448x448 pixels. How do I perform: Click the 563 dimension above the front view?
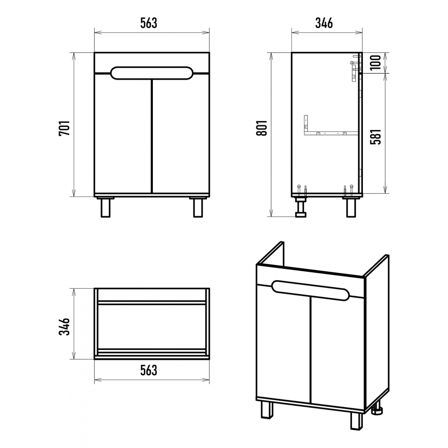pyautogui.click(x=148, y=23)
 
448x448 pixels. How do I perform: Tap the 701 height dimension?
pyautogui.click(x=64, y=128)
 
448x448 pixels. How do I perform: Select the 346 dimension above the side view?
pyautogui.click(x=324, y=23)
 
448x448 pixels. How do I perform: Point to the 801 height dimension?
pyautogui.click(x=262, y=128)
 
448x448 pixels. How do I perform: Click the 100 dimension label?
pyautogui.click(x=376, y=62)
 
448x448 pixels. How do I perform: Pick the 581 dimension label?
pyautogui.click(x=376, y=136)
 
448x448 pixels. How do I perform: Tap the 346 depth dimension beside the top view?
pyautogui.click(x=64, y=326)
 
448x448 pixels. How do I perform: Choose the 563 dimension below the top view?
pyautogui.click(x=148, y=370)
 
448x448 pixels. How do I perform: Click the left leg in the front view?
pyautogui.click(x=106, y=208)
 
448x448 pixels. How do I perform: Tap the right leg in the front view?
pyautogui.click(x=198, y=208)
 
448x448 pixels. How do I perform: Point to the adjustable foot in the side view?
pyautogui.click(x=301, y=207)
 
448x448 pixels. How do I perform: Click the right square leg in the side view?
pyautogui.click(x=351, y=208)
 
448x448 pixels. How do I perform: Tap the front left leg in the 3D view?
pyautogui.click(x=267, y=410)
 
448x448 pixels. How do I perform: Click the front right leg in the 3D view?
pyautogui.click(x=356, y=421)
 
